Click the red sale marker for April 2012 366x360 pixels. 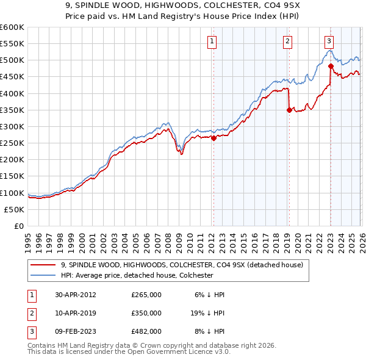click(x=213, y=138)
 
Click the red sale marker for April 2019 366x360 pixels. click(x=289, y=110)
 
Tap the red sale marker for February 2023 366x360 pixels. click(x=330, y=66)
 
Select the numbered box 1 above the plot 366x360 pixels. click(x=211, y=41)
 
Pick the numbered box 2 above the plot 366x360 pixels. click(x=287, y=41)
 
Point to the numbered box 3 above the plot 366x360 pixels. click(x=329, y=41)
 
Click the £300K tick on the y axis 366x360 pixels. click(x=12, y=126)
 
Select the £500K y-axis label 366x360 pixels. click(x=12, y=60)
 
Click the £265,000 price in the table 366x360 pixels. click(x=146, y=294)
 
